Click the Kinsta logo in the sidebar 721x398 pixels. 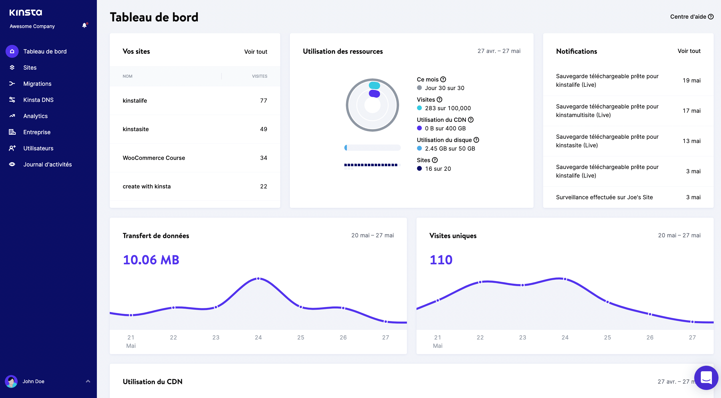click(x=25, y=12)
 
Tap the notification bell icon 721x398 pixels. click(x=84, y=25)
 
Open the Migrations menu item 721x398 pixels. click(x=37, y=84)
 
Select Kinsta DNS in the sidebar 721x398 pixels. click(x=38, y=100)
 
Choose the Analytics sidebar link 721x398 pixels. click(x=35, y=116)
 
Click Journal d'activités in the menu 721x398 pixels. click(x=47, y=164)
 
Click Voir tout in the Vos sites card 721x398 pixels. click(x=255, y=51)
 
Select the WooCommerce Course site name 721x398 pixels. click(x=154, y=158)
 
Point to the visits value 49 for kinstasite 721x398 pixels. click(x=263, y=129)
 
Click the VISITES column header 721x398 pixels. click(x=259, y=76)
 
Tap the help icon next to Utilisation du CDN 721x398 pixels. click(x=471, y=120)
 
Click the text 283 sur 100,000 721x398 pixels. click(x=448, y=108)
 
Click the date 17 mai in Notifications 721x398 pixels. click(x=691, y=111)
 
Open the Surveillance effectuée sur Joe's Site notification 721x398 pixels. click(x=604, y=197)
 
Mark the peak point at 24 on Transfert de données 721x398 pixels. click(x=258, y=278)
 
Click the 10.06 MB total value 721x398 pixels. click(x=151, y=260)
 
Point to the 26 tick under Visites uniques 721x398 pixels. click(x=650, y=337)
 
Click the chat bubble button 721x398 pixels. click(x=706, y=378)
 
